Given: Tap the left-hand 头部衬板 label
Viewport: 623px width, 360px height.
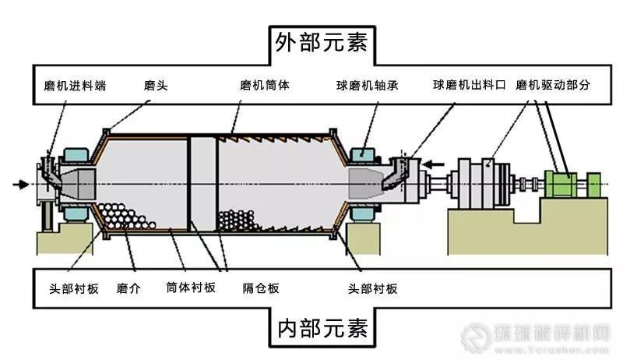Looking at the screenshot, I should tap(69, 288).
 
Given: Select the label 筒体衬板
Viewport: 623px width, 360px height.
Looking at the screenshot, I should tap(191, 288).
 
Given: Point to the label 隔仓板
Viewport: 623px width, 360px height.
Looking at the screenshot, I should tap(262, 288).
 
